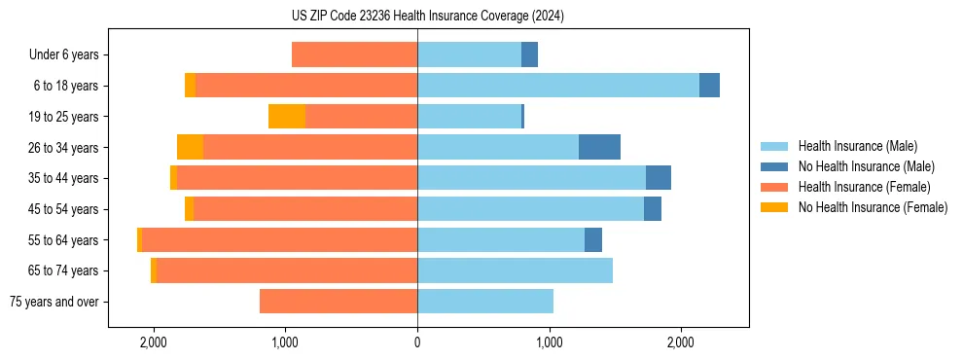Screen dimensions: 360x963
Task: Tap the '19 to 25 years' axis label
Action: point(58,117)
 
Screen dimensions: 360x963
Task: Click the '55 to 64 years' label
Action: point(58,240)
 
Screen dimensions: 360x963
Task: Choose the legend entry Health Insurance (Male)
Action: point(857,146)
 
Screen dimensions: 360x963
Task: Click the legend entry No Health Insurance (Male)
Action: point(866,166)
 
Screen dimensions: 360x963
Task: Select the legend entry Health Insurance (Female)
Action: point(864,187)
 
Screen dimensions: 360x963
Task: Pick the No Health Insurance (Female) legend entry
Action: point(873,207)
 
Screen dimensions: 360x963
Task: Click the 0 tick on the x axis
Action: point(417,342)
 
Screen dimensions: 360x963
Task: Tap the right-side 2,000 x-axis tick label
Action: point(681,342)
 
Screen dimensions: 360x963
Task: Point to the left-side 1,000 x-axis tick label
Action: point(285,342)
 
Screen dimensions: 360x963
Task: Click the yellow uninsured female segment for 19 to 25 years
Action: point(287,117)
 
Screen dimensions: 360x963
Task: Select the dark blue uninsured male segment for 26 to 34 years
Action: point(599,147)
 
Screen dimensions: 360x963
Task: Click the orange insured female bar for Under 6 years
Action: point(354,54)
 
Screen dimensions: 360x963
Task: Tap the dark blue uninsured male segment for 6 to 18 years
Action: point(709,86)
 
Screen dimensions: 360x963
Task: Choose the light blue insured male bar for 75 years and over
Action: point(485,302)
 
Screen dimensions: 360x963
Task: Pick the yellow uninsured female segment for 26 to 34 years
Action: point(190,147)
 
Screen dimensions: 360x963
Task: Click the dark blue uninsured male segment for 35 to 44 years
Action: point(659,178)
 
